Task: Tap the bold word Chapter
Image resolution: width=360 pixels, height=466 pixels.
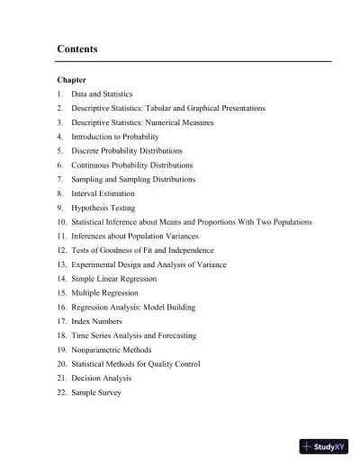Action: click(x=71, y=80)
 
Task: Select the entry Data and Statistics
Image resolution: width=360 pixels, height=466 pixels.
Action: click(x=103, y=94)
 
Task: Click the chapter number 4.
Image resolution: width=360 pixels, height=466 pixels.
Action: click(x=59, y=136)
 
